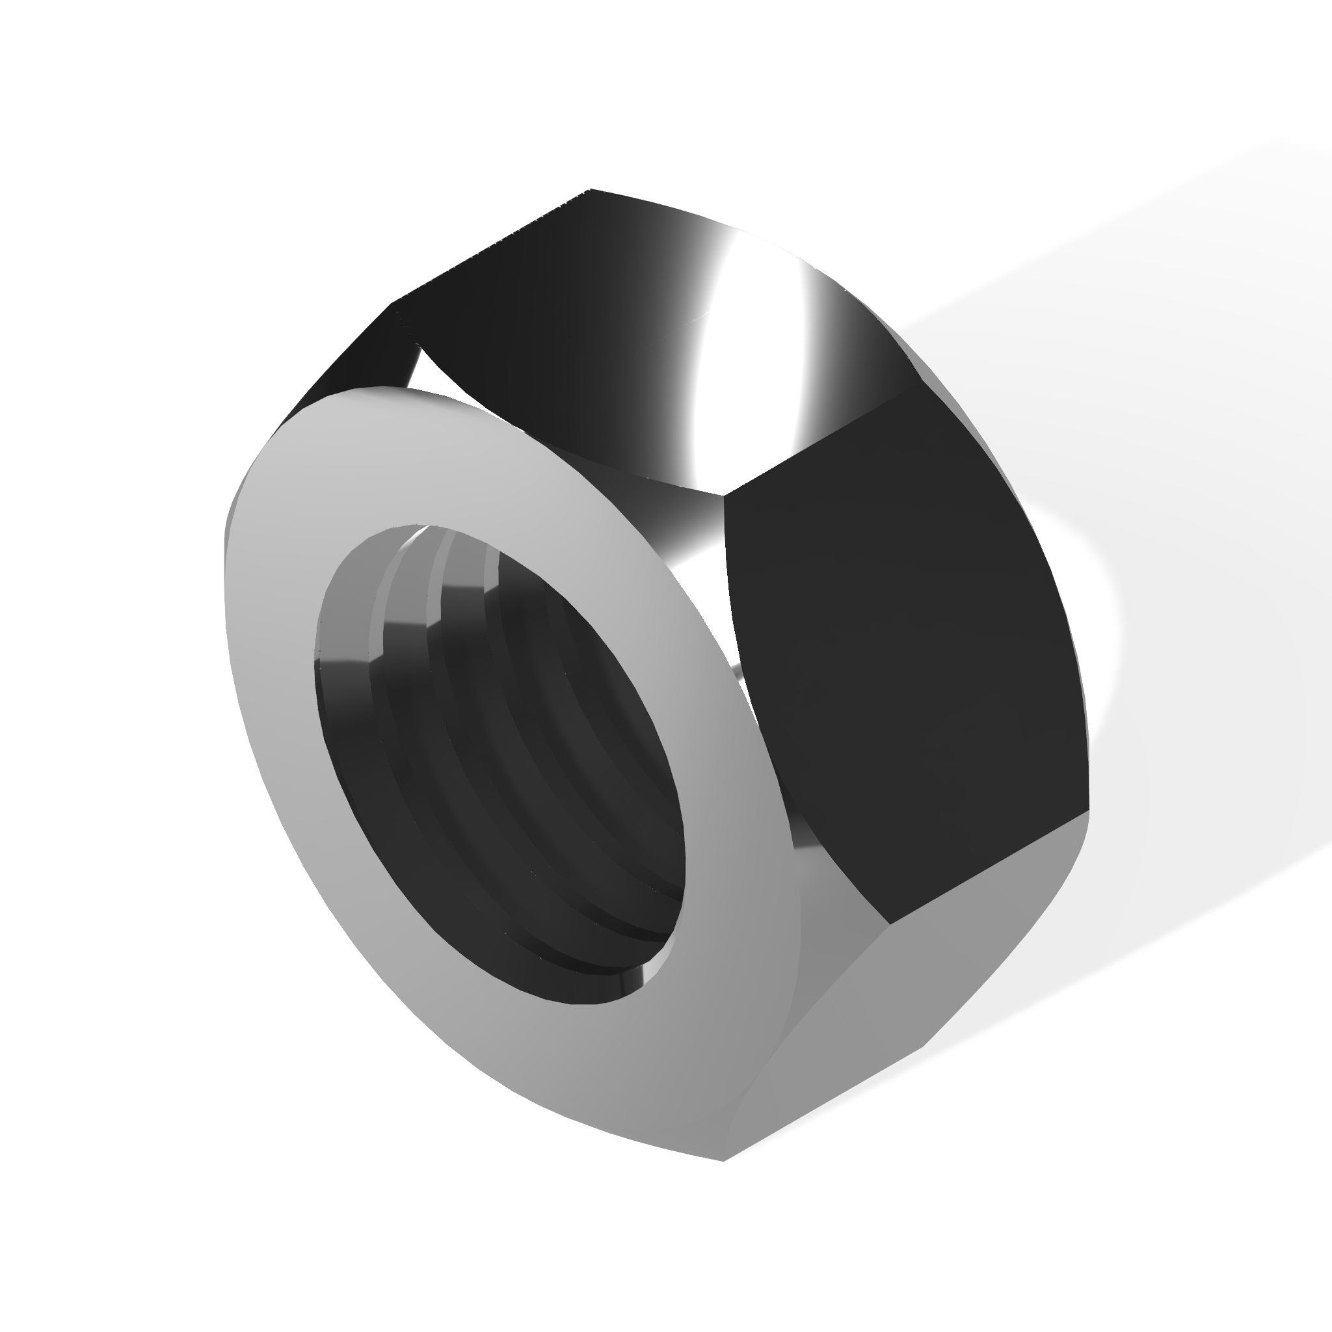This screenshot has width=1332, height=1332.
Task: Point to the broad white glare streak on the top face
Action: (x=745, y=345)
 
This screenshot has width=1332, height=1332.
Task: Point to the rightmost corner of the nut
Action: (x=1089, y=810)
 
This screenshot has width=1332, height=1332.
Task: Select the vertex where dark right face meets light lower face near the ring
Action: (x=889, y=924)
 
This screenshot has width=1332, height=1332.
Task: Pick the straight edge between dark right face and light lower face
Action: (x=989, y=868)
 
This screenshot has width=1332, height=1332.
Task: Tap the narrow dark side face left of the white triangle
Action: (x=345, y=372)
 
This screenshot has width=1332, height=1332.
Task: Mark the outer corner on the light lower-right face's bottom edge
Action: (x=924, y=1048)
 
